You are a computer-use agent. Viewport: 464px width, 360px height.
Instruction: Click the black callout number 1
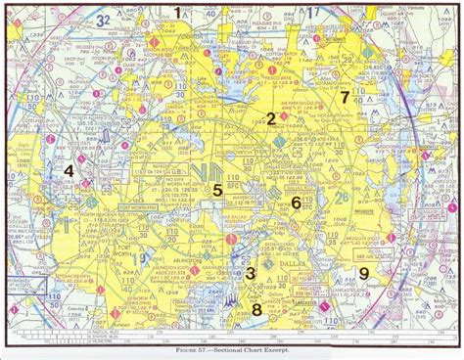pyautogui.click(x=177, y=12)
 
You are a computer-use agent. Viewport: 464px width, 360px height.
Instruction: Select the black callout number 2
pyautogui.click(x=270, y=119)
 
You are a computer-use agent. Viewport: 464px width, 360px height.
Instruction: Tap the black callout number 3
pyautogui.click(x=251, y=275)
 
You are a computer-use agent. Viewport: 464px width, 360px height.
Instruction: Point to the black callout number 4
pyautogui.click(x=69, y=172)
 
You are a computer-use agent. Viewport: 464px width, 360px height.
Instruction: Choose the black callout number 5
pyautogui.click(x=217, y=190)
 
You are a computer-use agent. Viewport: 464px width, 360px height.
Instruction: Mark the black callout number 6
pyautogui.click(x=295, y=202)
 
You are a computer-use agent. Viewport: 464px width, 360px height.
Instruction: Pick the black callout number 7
pyautogui.click(x=344, y=98)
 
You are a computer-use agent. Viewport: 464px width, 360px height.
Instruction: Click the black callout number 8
pyautogui.click(x=256, y=310)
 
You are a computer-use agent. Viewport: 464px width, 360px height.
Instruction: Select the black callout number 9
pyautogui.click(x=363, y=273)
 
